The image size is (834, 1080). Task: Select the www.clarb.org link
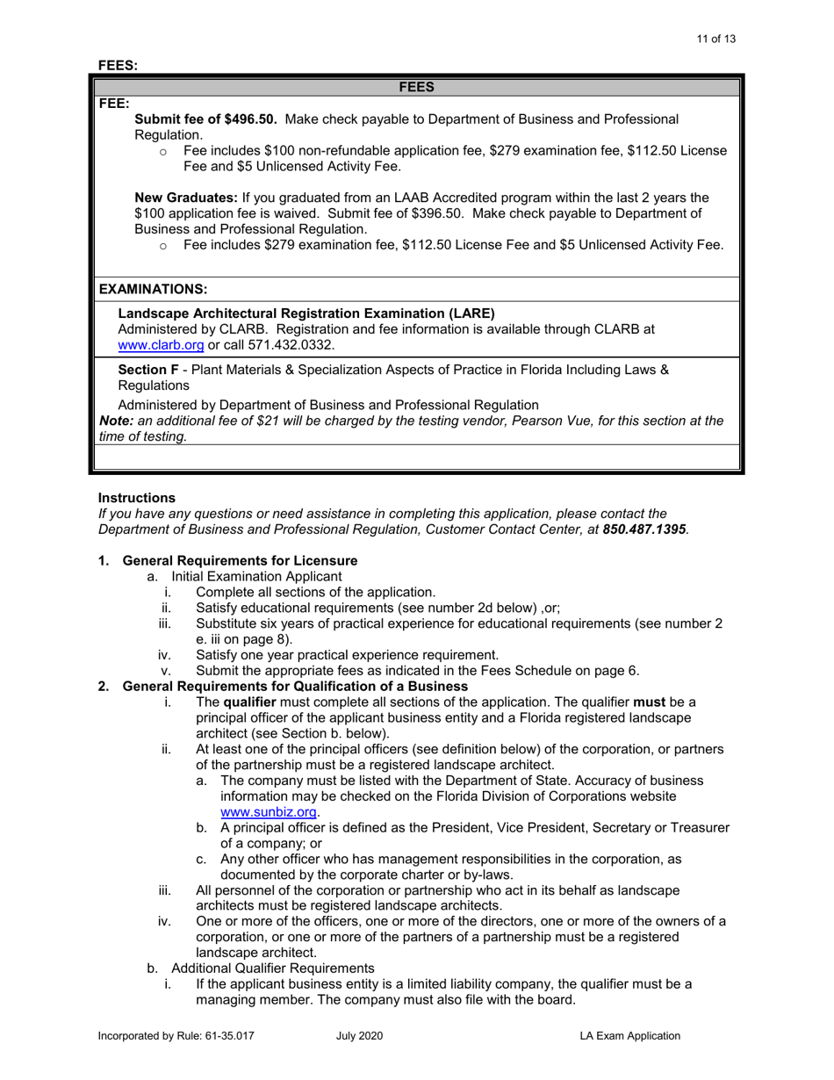pos(161,345)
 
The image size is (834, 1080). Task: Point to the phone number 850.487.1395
pos(644,529)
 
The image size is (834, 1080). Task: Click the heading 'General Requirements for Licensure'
pos(240,561)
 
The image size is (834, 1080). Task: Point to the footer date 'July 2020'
pos(359,1036)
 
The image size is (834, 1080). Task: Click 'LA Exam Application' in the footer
pos(629,1036)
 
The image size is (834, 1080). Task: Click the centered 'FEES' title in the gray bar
pos(417,87)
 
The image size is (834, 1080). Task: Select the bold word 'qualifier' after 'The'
pos(249,702)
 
